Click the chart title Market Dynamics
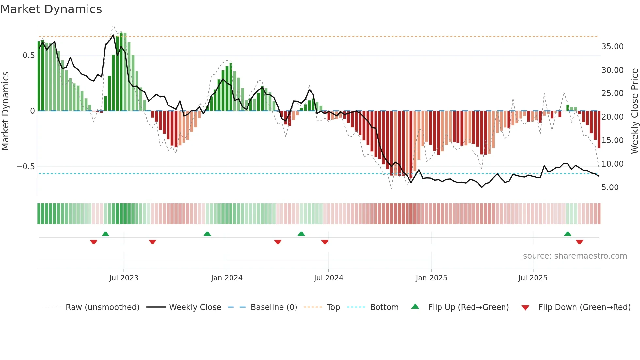click(x=51, y=9)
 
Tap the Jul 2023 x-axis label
click(x=124, y=278)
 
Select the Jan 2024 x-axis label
click(x=227, y=278)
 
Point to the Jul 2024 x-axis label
click(x=328, y=278)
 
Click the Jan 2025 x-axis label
click(x=431, y=278)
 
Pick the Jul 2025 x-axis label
click(x=533, y=278)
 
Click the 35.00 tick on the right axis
click(x=612, y=47)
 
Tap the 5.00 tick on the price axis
click(x=610, y=188)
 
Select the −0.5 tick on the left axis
click(x=25, y=167)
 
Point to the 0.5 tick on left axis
click(x=28, y=56)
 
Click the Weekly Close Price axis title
click(x=634, y=111)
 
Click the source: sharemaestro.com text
click(x=575, y=256)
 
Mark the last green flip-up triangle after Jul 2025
click(x=568, y=234)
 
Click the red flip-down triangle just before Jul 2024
click(x=325, y=242)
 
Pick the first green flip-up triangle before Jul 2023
click(x=105, y=234)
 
